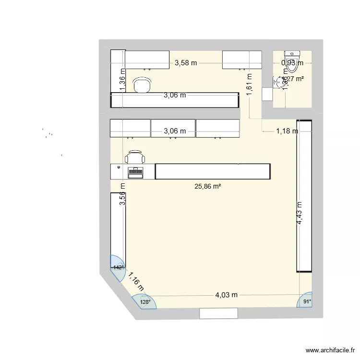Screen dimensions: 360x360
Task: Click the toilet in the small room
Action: [x=291, y=61]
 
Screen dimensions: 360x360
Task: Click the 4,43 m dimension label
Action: [x=300, y=213]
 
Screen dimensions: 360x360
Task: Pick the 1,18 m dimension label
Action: [x=287, y=130]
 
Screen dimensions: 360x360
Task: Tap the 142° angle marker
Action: [x=118, y=267]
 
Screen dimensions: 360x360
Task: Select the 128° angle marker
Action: [x=145, y=302]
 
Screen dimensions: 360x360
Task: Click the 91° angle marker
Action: [x=307, y=301]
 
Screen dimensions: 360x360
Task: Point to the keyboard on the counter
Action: [x=135, y=171]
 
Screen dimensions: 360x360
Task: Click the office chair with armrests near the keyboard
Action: [x=134, y=157]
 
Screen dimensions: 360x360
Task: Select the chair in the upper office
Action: [x=141, y=85]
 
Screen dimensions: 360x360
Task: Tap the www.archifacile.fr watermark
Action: [x=328, y=350]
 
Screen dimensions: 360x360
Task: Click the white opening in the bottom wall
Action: [x=218, y=313]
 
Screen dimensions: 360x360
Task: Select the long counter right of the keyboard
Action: [x=213, y=171]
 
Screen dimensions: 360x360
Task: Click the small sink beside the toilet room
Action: [x=277, y=83]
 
